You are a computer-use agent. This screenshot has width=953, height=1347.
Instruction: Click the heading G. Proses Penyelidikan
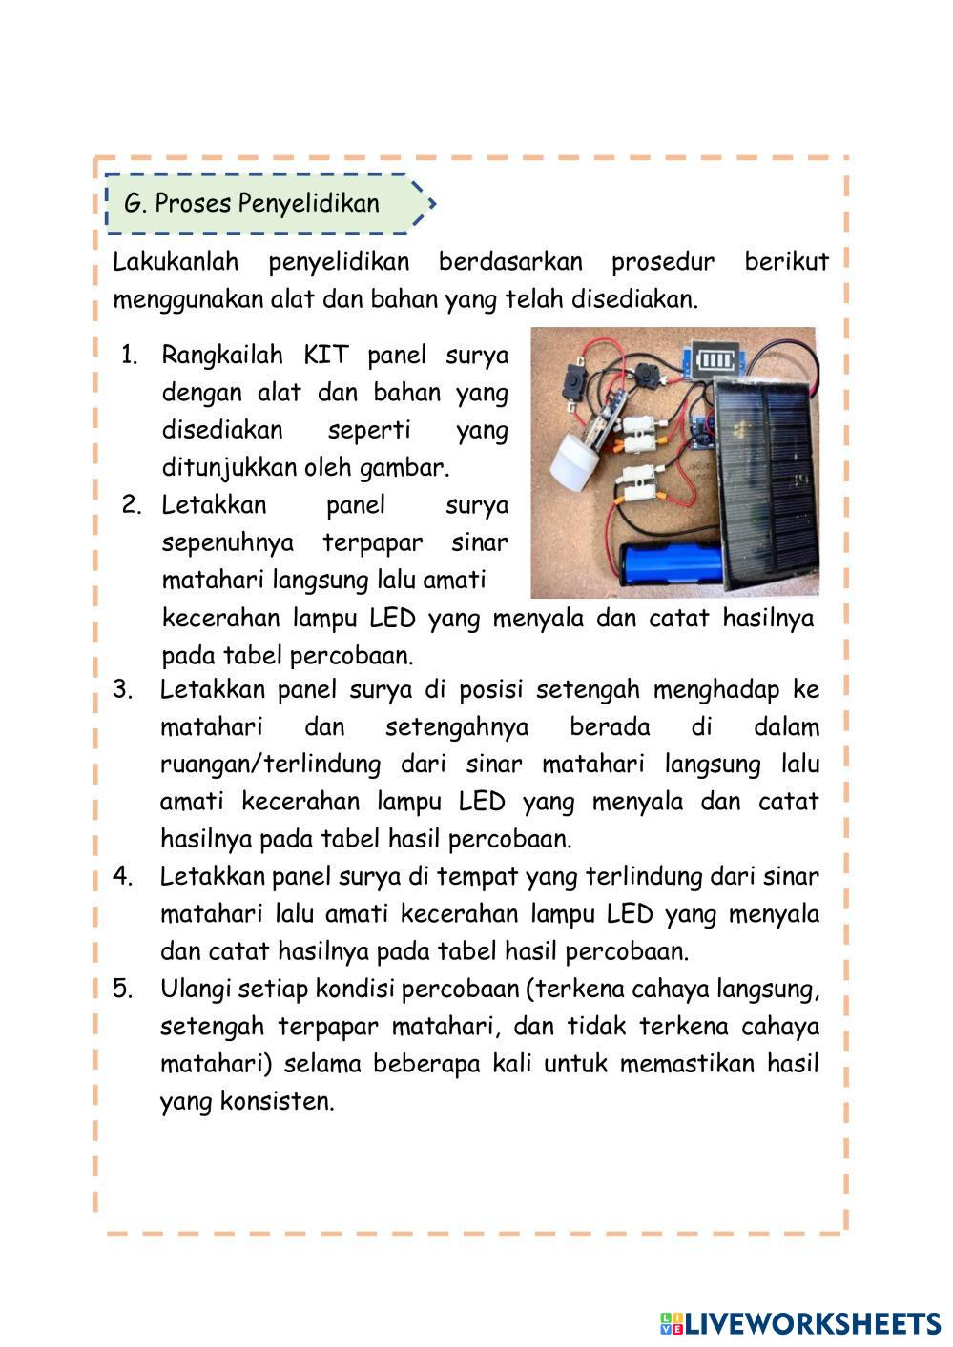252,203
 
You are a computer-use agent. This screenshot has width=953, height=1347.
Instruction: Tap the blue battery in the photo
672,563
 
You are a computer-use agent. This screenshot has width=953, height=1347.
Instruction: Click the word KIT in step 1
326,356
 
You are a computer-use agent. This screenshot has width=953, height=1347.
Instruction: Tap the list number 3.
122,689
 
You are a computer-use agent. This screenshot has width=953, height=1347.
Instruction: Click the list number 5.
122,989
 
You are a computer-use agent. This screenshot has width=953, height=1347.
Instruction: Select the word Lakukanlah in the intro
176,261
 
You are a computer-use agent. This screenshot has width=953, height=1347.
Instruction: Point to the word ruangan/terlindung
270,765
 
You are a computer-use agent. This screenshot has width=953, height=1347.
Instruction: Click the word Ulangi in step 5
196,990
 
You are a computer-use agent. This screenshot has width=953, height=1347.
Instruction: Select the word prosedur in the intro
663,261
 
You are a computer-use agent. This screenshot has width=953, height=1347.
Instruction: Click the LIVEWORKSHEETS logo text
813,1323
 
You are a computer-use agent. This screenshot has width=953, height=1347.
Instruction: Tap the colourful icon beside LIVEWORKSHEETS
672,1323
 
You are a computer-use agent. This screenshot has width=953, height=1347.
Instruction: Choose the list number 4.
122,876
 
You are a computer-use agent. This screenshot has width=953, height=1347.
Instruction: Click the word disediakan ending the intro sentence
633,299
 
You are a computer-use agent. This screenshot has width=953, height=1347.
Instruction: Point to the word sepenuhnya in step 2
228,543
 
